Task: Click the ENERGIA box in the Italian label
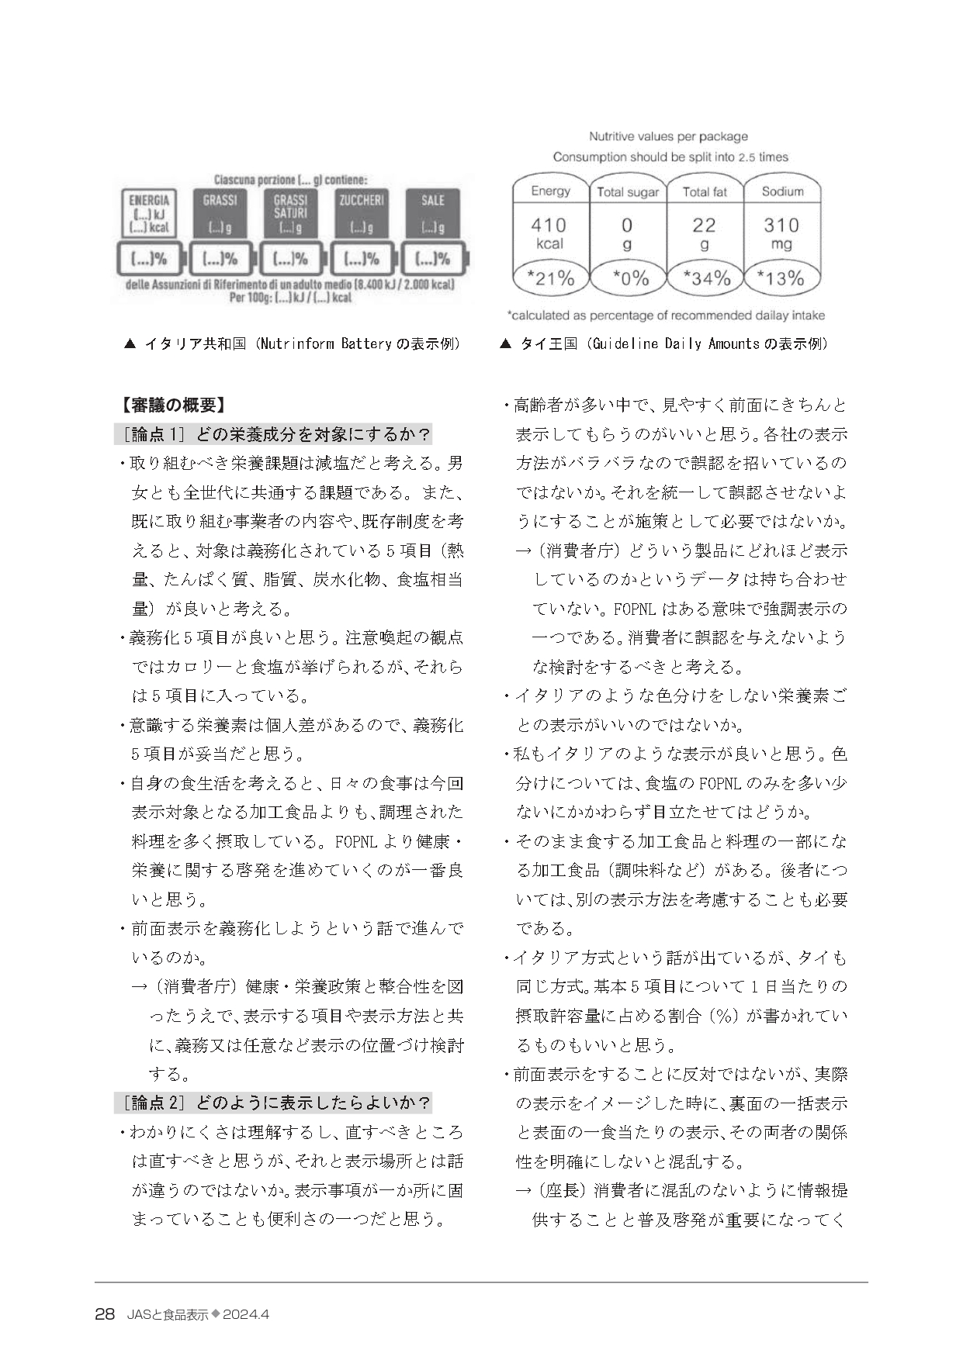point(150,213)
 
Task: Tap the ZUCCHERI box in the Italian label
point(361,213)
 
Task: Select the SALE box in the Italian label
point(432,213)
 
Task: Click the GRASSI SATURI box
point(290,213)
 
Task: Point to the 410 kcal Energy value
point(549,233)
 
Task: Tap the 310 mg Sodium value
point(781,233)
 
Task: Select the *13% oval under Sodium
point(781,278)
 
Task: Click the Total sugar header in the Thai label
point(628,192)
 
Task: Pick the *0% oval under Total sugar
point(628,278)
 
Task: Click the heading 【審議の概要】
point(172,405)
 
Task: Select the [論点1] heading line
point(272,433)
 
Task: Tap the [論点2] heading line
point(272,1103)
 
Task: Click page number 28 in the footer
point(105,1314)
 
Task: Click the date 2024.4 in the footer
point(247,1315)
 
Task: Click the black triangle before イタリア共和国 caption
point(130,343)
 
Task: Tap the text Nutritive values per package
point(668,136)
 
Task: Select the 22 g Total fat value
point(704,233)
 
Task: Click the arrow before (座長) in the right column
point(524,1191)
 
